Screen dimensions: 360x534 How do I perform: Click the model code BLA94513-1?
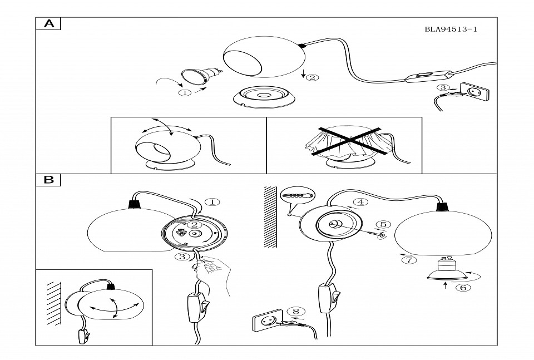451,30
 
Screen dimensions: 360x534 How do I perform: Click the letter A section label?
48,23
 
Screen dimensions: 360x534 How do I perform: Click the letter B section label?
48,180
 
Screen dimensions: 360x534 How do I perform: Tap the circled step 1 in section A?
185,93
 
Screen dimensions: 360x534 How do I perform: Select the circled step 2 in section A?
313,77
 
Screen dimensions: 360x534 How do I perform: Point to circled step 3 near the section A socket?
442,87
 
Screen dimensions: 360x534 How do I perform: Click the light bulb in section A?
201,76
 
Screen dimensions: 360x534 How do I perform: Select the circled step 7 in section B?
409,259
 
